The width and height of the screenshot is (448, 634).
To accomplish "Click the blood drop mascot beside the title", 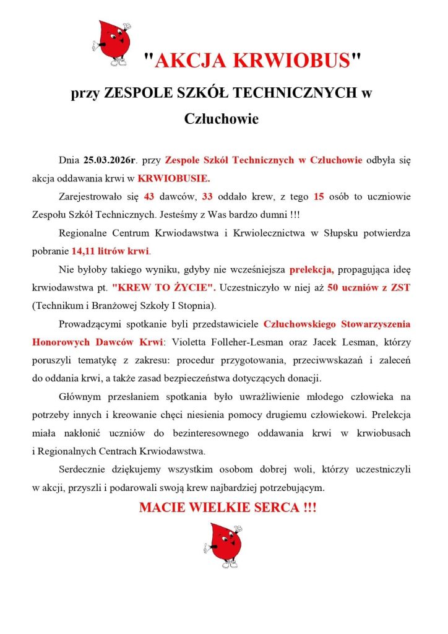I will tap(113, 43).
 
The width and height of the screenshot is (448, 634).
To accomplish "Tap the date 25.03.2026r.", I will tap(109, 160).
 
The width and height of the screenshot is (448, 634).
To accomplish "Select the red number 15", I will tap(319, 197).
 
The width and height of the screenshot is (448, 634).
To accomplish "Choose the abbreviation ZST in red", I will tap(400, 288).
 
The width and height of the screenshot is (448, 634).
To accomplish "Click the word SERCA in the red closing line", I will tap(266, 508).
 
